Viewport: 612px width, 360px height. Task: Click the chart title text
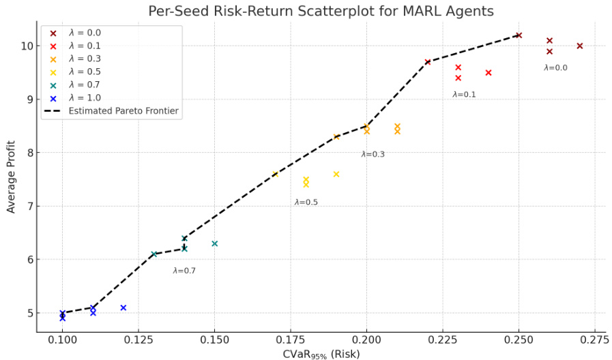pos(321,12)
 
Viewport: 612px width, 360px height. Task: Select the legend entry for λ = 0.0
pos(85,33)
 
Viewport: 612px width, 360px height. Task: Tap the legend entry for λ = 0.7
pos(85,85)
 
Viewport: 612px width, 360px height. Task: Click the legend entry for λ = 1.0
pos(85,97)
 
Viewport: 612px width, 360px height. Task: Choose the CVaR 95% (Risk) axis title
pos(321,354)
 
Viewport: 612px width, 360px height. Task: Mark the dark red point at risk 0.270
pos(579,46)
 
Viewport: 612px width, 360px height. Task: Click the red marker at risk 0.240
pos(489,72)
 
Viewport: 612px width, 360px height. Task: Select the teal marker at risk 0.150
pos(214,243)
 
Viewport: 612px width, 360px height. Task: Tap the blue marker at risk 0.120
pos(123,307)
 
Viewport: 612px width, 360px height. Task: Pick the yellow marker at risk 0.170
pos(276,174)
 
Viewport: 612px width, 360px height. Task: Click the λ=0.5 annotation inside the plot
pos(306,202)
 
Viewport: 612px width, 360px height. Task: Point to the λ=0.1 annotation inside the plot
pos(464,95)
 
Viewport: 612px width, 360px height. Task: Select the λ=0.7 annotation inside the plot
pos(184,271)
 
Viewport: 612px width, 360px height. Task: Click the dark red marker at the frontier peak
pos(519,35)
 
